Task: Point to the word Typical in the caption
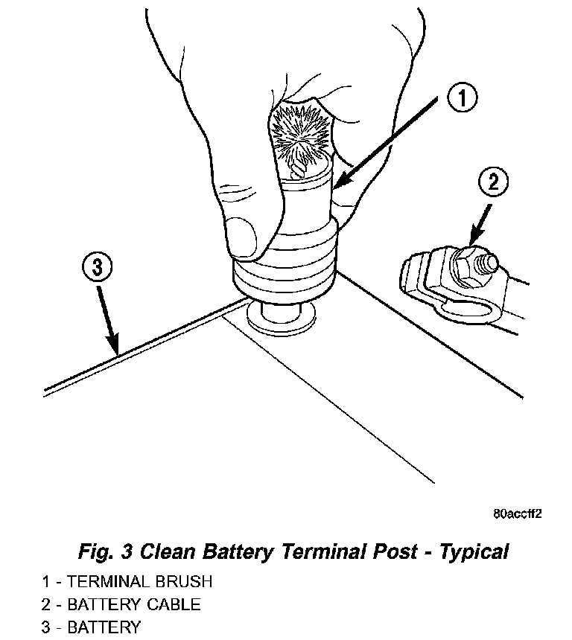pos(474,552)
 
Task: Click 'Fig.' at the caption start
pos(96,552)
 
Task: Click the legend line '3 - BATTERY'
pos(91,627)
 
